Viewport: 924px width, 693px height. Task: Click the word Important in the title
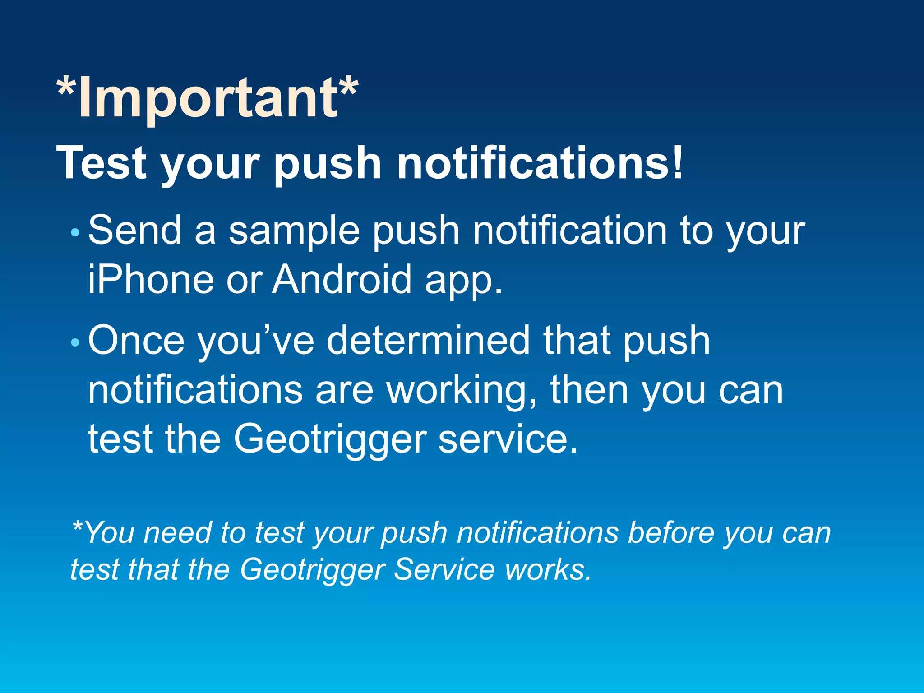208,98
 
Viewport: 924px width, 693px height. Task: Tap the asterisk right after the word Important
349,88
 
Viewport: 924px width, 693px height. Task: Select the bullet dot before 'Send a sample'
75,233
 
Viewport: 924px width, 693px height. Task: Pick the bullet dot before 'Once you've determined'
75,343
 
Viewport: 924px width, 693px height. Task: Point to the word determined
428,341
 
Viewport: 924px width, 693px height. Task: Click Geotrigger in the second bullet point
330,440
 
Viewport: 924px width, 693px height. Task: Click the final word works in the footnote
548,569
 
